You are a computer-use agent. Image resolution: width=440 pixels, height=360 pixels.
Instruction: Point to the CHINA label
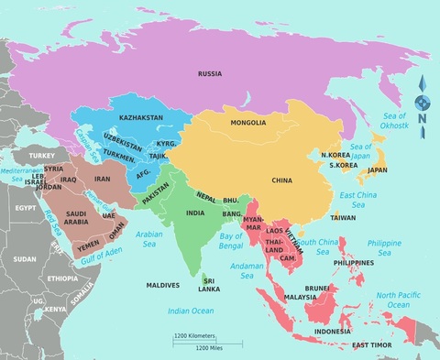coord(281,180)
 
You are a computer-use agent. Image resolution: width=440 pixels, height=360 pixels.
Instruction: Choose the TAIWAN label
coord(343,218)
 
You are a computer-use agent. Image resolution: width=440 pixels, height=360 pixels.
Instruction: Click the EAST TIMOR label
coord(371,344)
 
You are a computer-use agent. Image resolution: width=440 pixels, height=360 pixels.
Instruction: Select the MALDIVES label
coord(162,285)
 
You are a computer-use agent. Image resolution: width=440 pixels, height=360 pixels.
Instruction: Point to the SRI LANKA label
coord(208,284)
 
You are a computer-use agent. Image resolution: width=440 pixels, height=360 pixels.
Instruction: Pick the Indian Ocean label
coord(191,311)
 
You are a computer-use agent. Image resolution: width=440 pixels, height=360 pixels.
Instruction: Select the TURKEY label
coord(42,156)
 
